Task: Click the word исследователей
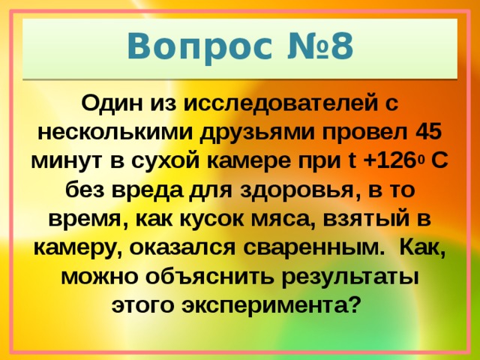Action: pos(277,102)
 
